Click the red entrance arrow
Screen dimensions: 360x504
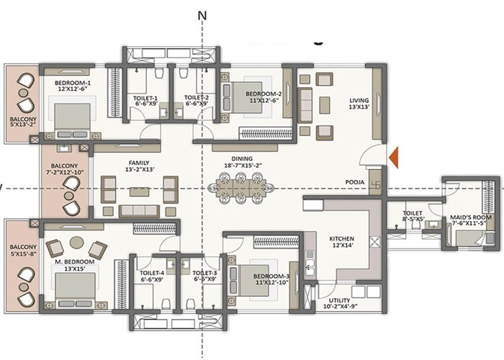tap(394, 156)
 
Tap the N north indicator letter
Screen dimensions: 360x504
tap(202, 14)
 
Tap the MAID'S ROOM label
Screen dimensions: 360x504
tap(472, 218)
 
